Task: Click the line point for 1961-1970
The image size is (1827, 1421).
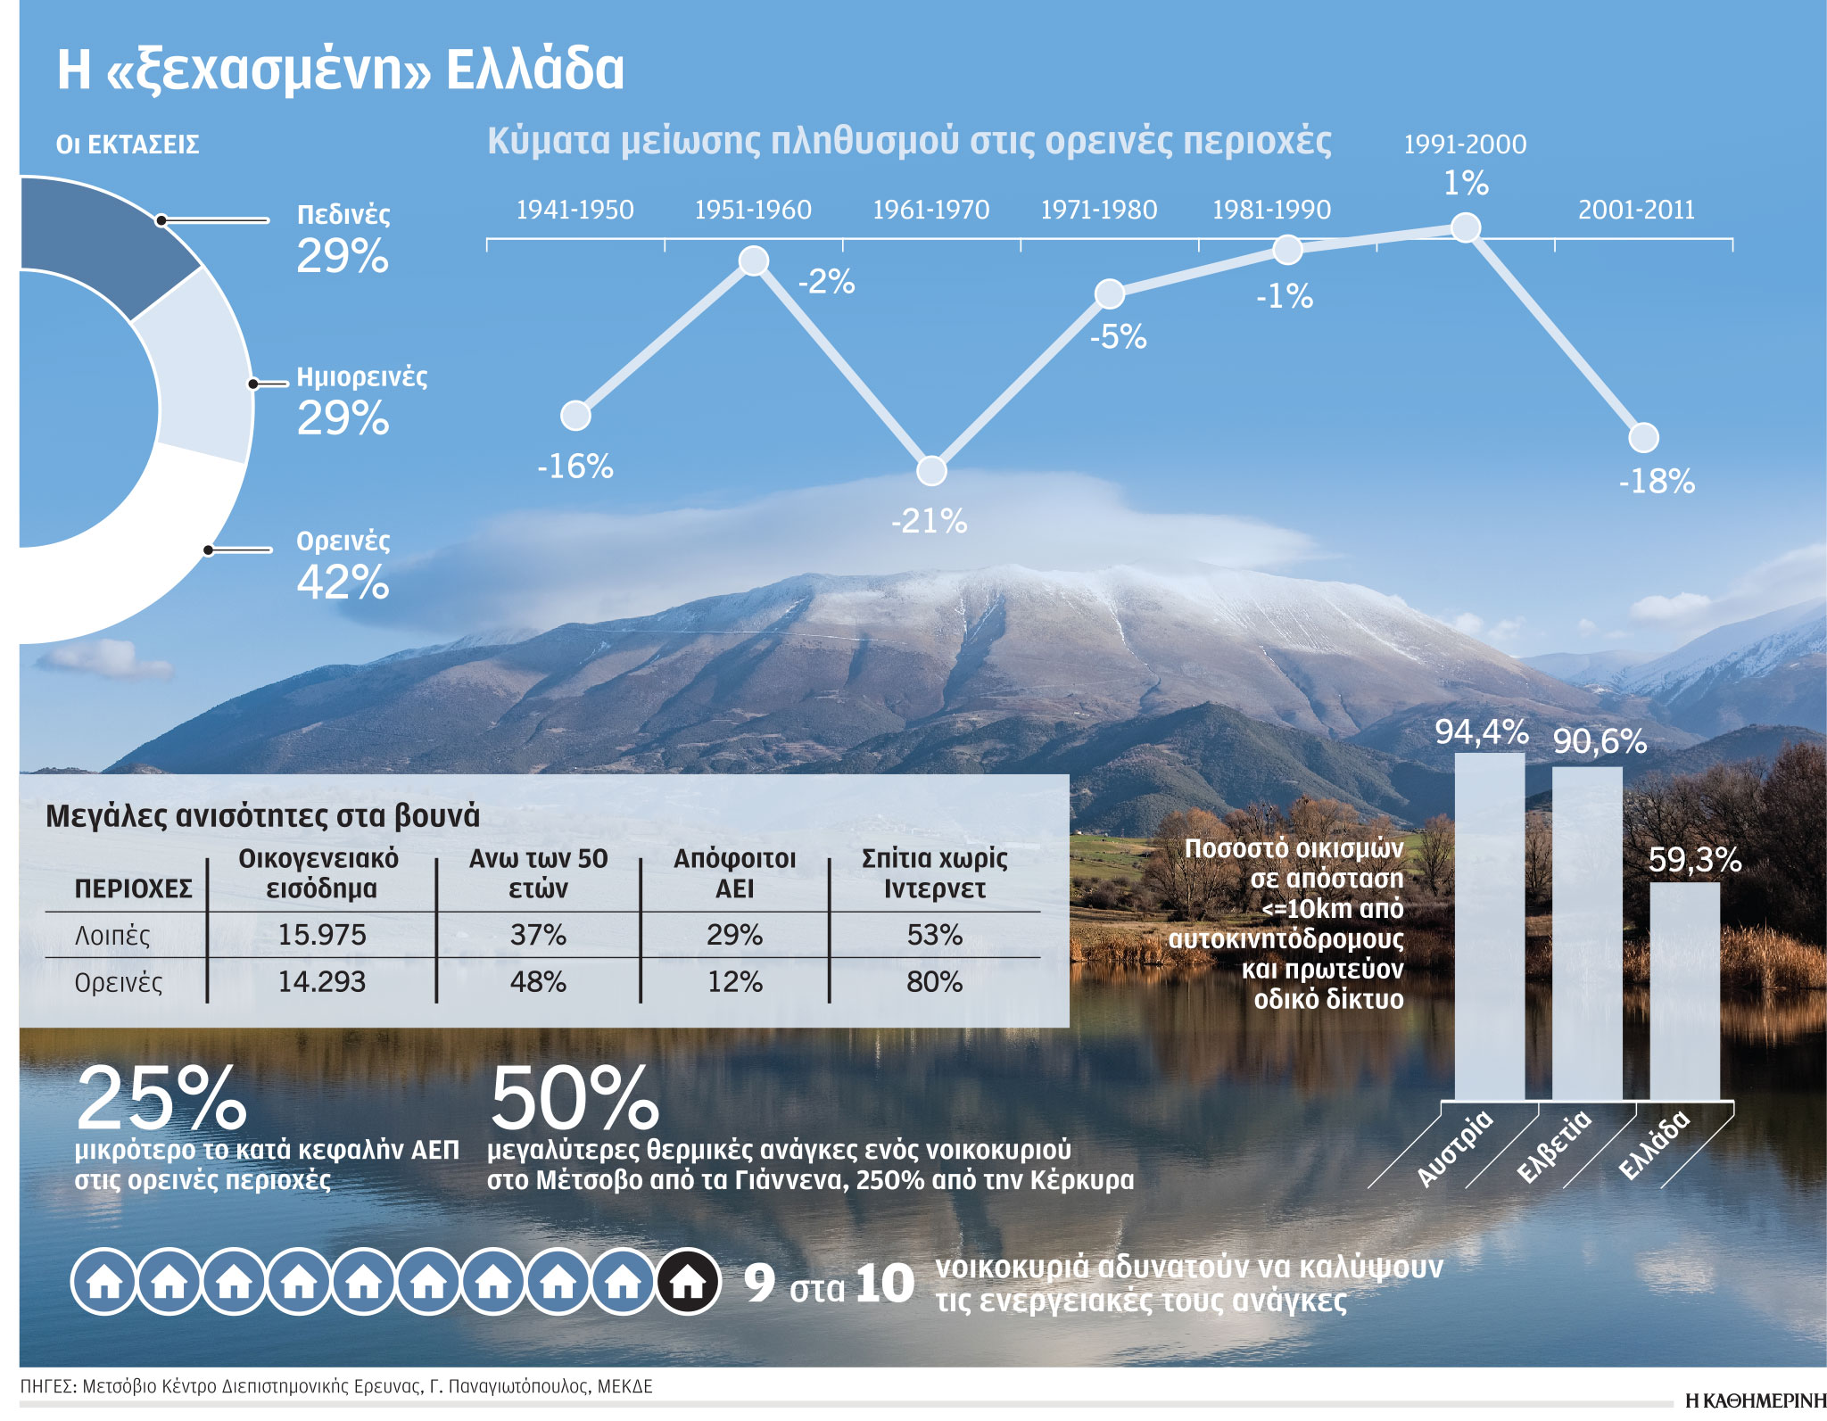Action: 931,470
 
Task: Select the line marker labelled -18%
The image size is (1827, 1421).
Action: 1643,437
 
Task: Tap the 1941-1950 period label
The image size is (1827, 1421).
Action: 575,210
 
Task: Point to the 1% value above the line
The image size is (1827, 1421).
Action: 1466,184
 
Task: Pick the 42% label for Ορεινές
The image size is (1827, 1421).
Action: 343,582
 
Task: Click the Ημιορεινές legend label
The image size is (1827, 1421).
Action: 361,376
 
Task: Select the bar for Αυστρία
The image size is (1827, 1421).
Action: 1489,928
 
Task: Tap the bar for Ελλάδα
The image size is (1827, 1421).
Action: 1684,990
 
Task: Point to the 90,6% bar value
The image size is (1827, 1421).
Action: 1600,741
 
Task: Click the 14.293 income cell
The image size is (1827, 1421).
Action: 321,982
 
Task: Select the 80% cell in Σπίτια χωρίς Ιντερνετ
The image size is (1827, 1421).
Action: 934,982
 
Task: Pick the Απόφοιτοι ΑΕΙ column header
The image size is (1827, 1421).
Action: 734,873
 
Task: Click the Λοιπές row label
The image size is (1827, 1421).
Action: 112,936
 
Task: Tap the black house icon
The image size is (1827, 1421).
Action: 688,1282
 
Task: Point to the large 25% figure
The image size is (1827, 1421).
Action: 161,1099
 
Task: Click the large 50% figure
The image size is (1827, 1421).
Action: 575,1099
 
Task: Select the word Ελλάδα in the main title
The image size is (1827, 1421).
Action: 534,69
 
